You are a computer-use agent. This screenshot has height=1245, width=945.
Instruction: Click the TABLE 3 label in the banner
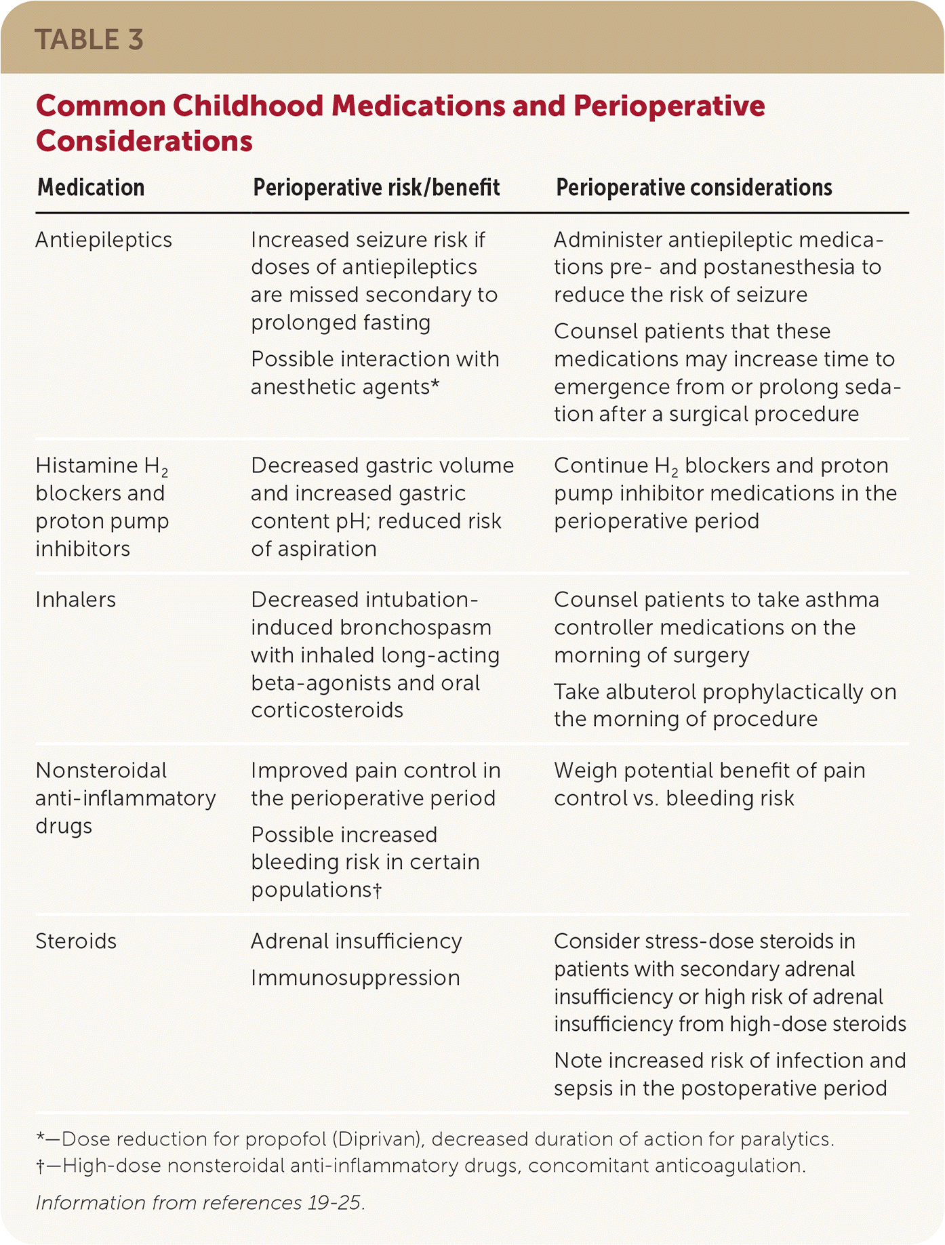[x=89, y=39]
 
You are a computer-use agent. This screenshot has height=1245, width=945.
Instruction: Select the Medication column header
[x=91, y=188]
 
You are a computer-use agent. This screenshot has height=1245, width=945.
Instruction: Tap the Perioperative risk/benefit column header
[x=376, y=188]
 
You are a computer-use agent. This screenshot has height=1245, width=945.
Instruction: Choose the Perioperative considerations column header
[x=693, y=188]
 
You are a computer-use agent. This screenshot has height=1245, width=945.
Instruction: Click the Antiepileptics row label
[x=104, y=240]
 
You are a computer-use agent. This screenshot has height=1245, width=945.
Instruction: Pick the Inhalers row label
[x=75, y=600]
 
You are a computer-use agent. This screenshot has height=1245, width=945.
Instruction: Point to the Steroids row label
[x=76, y=941]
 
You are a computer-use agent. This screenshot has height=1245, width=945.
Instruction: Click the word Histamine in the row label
[x=86, y=466]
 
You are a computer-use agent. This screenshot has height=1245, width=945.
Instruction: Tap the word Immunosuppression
[x=355, y=978]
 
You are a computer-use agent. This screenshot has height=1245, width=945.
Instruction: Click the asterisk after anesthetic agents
[x=435, y=386]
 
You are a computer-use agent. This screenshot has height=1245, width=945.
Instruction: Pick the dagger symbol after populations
[x=378, y=890]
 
